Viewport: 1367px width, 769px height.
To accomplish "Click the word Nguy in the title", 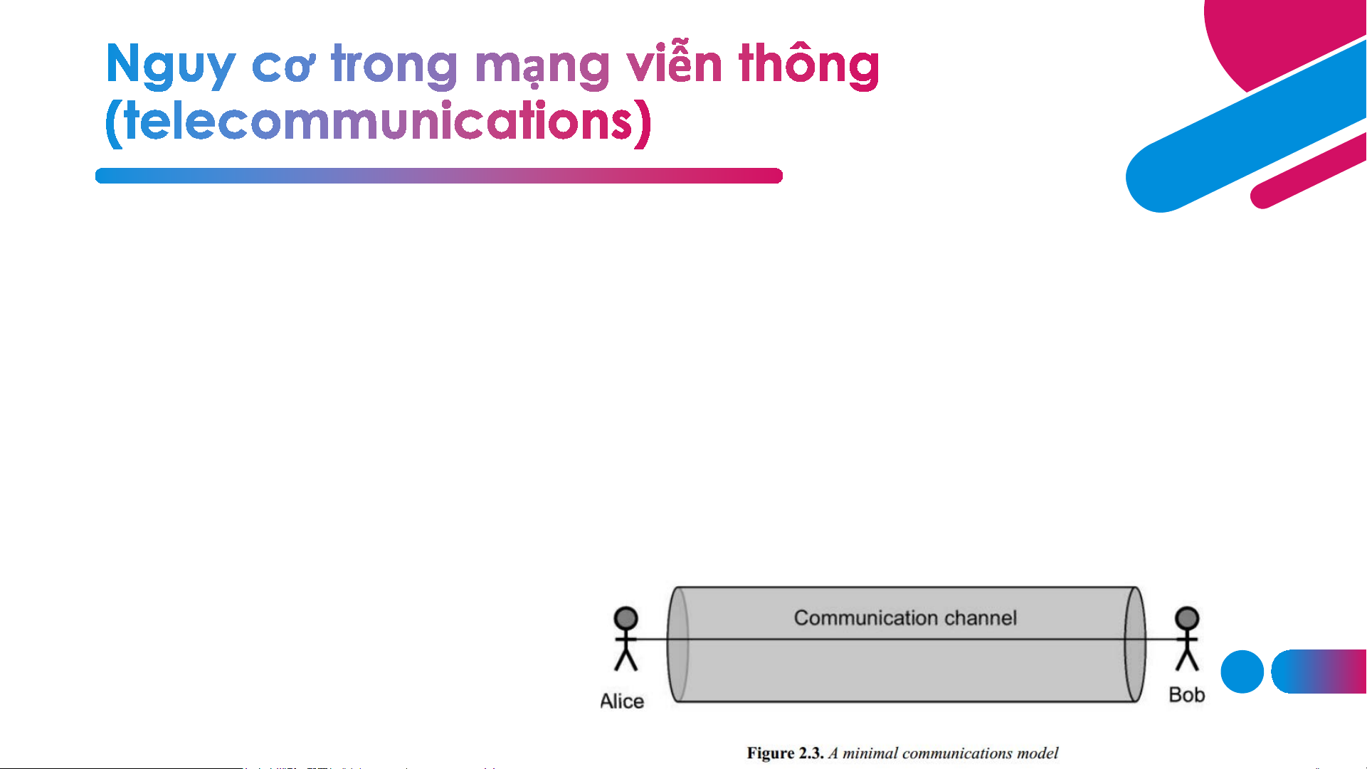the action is coord(170,65).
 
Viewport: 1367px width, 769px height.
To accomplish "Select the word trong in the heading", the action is coord(394,65).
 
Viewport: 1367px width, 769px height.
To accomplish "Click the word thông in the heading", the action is coord(809,64).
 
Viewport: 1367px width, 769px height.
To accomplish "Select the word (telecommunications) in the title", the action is coord(378,122).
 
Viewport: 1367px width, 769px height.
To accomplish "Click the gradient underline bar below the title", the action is coord(439,176).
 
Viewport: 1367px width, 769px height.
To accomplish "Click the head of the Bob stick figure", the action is coord(1187,617).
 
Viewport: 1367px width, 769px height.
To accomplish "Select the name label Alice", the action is coord(622,701).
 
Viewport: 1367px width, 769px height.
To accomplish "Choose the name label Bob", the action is coord(1187,695).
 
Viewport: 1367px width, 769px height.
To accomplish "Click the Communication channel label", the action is coord(905,617).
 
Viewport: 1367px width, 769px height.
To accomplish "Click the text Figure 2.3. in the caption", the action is coord(785,753).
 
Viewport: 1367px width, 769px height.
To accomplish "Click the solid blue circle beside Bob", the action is coord(1242,672).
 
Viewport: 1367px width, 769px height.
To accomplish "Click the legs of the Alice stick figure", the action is coord(626,660).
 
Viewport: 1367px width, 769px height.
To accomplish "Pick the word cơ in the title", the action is coord(283,68).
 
